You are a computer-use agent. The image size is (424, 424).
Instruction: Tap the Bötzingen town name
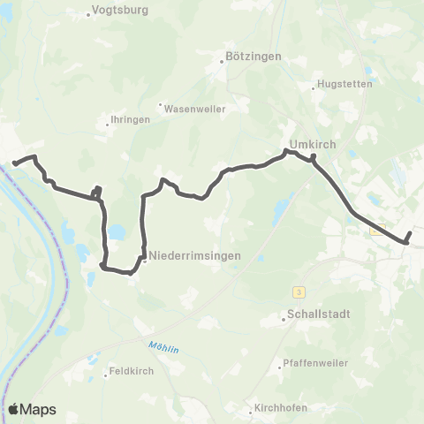pos(254,57)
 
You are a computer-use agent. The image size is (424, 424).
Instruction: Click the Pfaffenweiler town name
pos(315,363)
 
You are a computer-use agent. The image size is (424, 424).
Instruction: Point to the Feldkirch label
pos(130,371)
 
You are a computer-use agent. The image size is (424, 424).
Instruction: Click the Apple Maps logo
pos(32,409)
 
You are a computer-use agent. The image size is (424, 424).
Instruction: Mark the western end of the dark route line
pos(13,163)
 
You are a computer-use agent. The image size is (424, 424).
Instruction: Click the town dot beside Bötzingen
pos(222,62)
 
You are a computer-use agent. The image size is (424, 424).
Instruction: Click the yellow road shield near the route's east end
pos(377,229)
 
